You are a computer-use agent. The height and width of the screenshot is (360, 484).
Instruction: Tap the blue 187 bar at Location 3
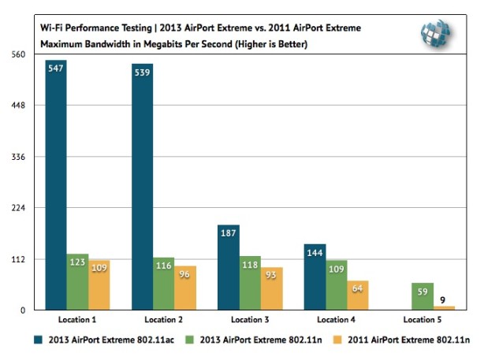(x=228, y=268)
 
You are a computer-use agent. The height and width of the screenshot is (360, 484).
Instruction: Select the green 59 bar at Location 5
(x=423, y=297)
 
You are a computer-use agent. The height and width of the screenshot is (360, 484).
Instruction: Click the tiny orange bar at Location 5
(x=444, y=308)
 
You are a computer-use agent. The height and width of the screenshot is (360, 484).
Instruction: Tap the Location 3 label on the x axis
(x=249, y=320)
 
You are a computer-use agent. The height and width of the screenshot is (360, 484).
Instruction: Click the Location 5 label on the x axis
(x=423, y=320)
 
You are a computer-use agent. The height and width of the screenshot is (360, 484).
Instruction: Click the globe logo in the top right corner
(x=435, y=32)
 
